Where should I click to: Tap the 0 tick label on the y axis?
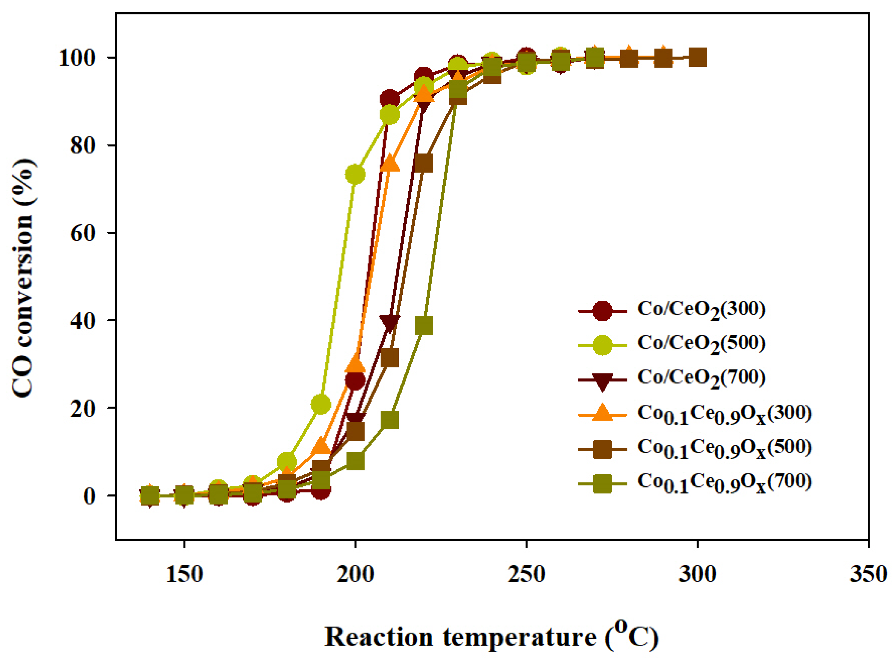click(x=89, y=496)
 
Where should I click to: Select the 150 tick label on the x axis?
click(x=184, y=574)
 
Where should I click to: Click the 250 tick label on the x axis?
click(x=526, y=574)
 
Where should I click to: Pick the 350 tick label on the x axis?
click(x=868, y=574)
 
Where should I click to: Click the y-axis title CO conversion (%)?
click(x=23, y=278)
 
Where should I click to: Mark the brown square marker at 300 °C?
click(x=698, y=58)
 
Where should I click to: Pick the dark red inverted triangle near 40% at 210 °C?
click(x=389, y=322)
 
